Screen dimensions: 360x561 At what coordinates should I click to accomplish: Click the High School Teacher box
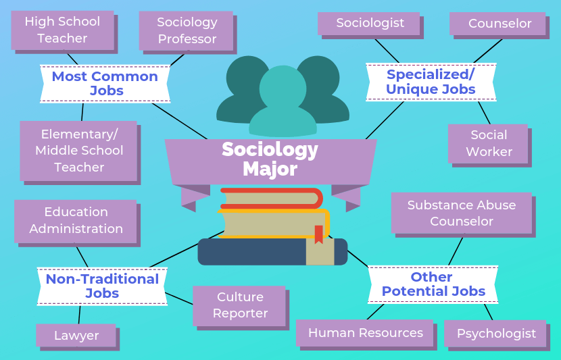click(62, 30)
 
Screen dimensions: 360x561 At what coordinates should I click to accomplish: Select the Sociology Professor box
click(187, 30)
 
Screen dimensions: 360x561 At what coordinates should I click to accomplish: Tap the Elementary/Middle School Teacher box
click(79, 151)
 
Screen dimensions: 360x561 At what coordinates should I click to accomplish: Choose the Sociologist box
click(370, 23)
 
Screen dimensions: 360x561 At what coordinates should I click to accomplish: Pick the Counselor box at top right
click(499, 24)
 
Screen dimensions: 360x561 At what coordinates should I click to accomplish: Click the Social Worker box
click(489, 143)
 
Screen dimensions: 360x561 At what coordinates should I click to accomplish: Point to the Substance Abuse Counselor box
click(462, 213)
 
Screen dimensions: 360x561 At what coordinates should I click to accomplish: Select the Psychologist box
click(496, 334)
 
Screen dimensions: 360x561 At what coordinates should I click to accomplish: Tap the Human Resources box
click(365, 333)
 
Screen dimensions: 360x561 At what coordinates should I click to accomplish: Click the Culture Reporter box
click(240, 305)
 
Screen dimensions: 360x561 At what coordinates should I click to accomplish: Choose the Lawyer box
click(76, 336)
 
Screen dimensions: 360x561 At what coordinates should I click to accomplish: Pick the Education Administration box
click(76, 221)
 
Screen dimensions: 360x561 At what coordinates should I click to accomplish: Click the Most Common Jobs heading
click(105, 83)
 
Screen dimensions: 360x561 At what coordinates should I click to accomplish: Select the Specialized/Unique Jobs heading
click(431, 82)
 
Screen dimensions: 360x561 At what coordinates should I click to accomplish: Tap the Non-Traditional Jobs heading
click(102, 286)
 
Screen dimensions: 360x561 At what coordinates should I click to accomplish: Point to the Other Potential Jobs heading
click(433, 284)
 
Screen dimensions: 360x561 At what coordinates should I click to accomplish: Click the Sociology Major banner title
click(270, 158)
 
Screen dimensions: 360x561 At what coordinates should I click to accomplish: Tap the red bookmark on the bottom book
click(318, 234)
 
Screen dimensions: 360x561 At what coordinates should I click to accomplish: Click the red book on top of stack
click(270, 198)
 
